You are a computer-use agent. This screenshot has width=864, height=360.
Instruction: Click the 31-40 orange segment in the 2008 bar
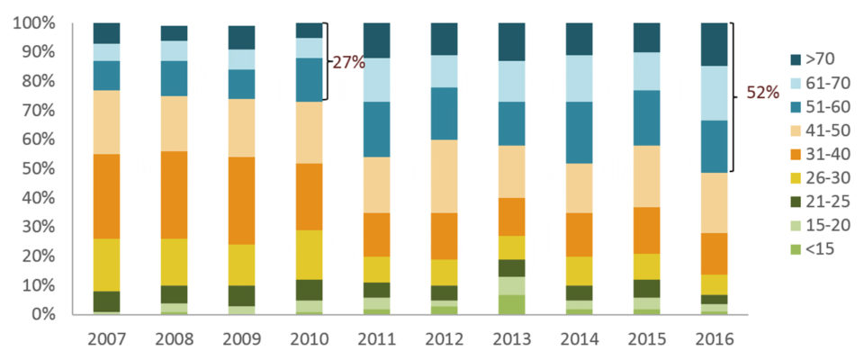click(174, 194)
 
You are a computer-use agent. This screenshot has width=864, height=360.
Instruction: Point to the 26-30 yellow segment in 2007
click(106, 265)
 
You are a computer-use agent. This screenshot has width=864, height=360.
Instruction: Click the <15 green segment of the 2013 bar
click(511, 304)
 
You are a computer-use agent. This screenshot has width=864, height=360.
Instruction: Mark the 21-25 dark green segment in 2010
click(309, 289)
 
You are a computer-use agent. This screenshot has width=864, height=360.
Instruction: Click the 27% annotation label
click(348, 63)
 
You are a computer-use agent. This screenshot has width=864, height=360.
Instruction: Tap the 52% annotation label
click(763, 94)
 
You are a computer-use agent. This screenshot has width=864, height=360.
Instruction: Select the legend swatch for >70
click(796, 60)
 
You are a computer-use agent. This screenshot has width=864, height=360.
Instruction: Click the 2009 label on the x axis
click(241, 339)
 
